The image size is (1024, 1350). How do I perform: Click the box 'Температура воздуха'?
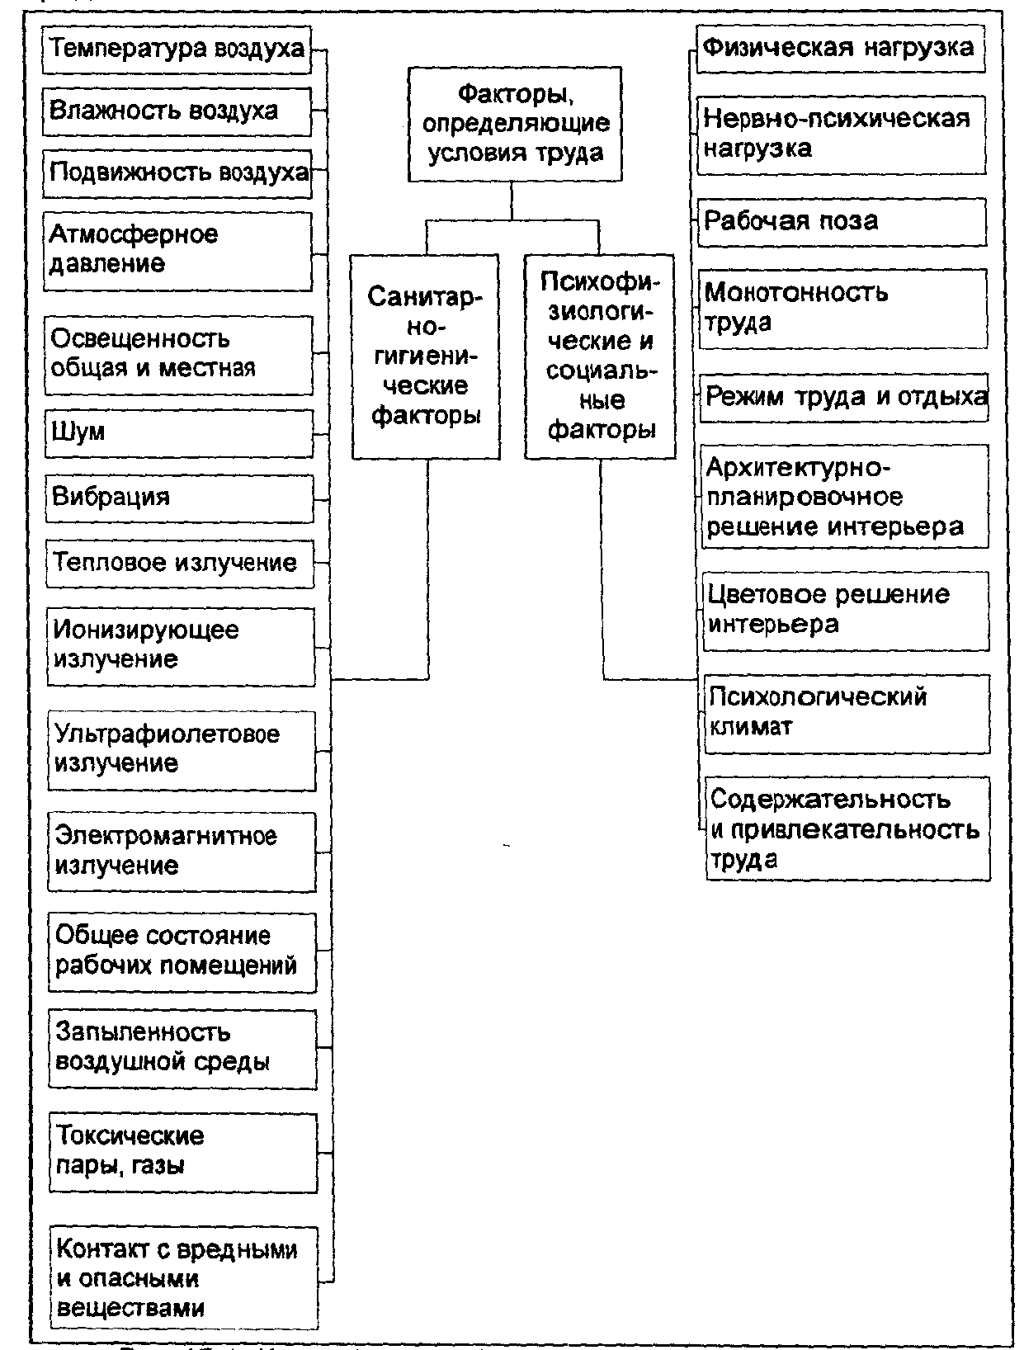tap(177, 50)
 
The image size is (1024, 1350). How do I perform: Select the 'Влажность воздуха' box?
tap(177, 111)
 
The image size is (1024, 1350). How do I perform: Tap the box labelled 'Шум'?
tap(179, 433)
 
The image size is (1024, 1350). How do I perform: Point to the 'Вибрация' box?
tap(179, 498)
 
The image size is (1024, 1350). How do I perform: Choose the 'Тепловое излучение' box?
tap(180, 564)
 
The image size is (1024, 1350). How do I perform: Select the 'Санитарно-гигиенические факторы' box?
tap(425, 356)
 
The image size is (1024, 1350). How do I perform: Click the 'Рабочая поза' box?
tap(842, 222)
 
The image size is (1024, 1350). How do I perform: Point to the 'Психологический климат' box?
tap(847, 713)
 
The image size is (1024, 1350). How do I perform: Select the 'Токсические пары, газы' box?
tap(182, 1152)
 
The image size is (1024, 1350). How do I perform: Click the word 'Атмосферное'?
tap(134, 235)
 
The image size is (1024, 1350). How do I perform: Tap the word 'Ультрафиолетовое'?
tap(168, 734)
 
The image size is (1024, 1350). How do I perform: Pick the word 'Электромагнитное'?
tap(167, 836)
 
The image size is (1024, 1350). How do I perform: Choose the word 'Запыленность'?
tap(143, 1032)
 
